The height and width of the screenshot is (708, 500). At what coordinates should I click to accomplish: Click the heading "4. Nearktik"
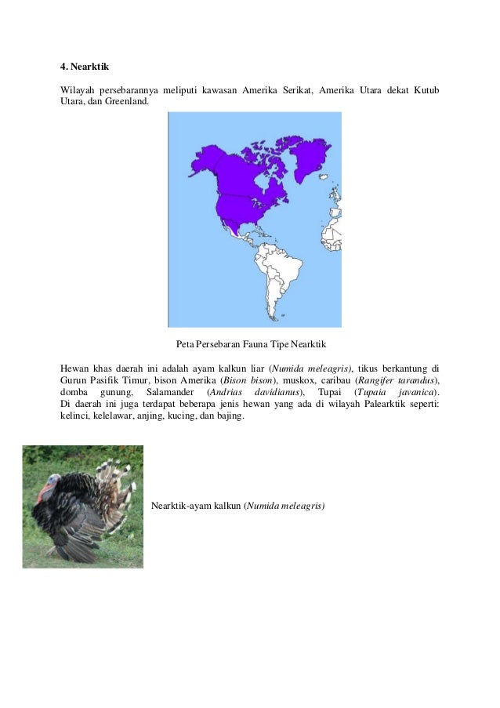[87, 67]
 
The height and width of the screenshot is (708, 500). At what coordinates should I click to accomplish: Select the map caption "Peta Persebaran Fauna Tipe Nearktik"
[251, 345]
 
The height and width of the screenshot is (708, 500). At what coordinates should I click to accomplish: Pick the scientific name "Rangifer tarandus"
[404, 380]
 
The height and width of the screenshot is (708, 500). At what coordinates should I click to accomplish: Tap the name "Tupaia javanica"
[397, 392]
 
